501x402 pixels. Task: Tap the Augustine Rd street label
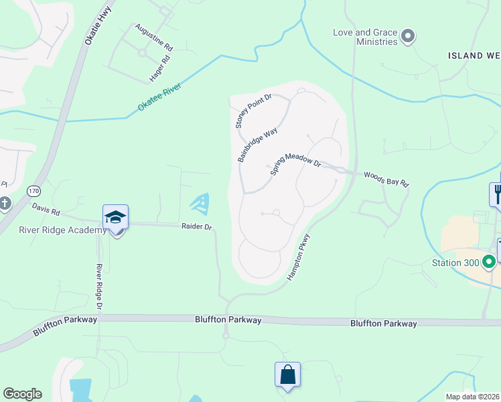[x=153, y=38]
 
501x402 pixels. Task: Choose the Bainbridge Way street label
[x=257, y=145]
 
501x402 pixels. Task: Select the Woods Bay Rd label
[x=386, y=179]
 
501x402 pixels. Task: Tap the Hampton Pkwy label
[x=299, y=257]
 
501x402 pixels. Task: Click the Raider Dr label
[x=196, y=227]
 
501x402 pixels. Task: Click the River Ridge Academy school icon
[x=115, y=218]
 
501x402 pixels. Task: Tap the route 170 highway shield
[x=33, y=192]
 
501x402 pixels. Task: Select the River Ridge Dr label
[x=98, y=287]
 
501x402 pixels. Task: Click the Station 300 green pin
[x=490, y=262]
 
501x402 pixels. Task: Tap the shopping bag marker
[x=287, y=375]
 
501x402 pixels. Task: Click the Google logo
[x=22, y=394]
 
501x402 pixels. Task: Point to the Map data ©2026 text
[x=472, y=397]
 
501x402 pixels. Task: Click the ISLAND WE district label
[x=474, y=55]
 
